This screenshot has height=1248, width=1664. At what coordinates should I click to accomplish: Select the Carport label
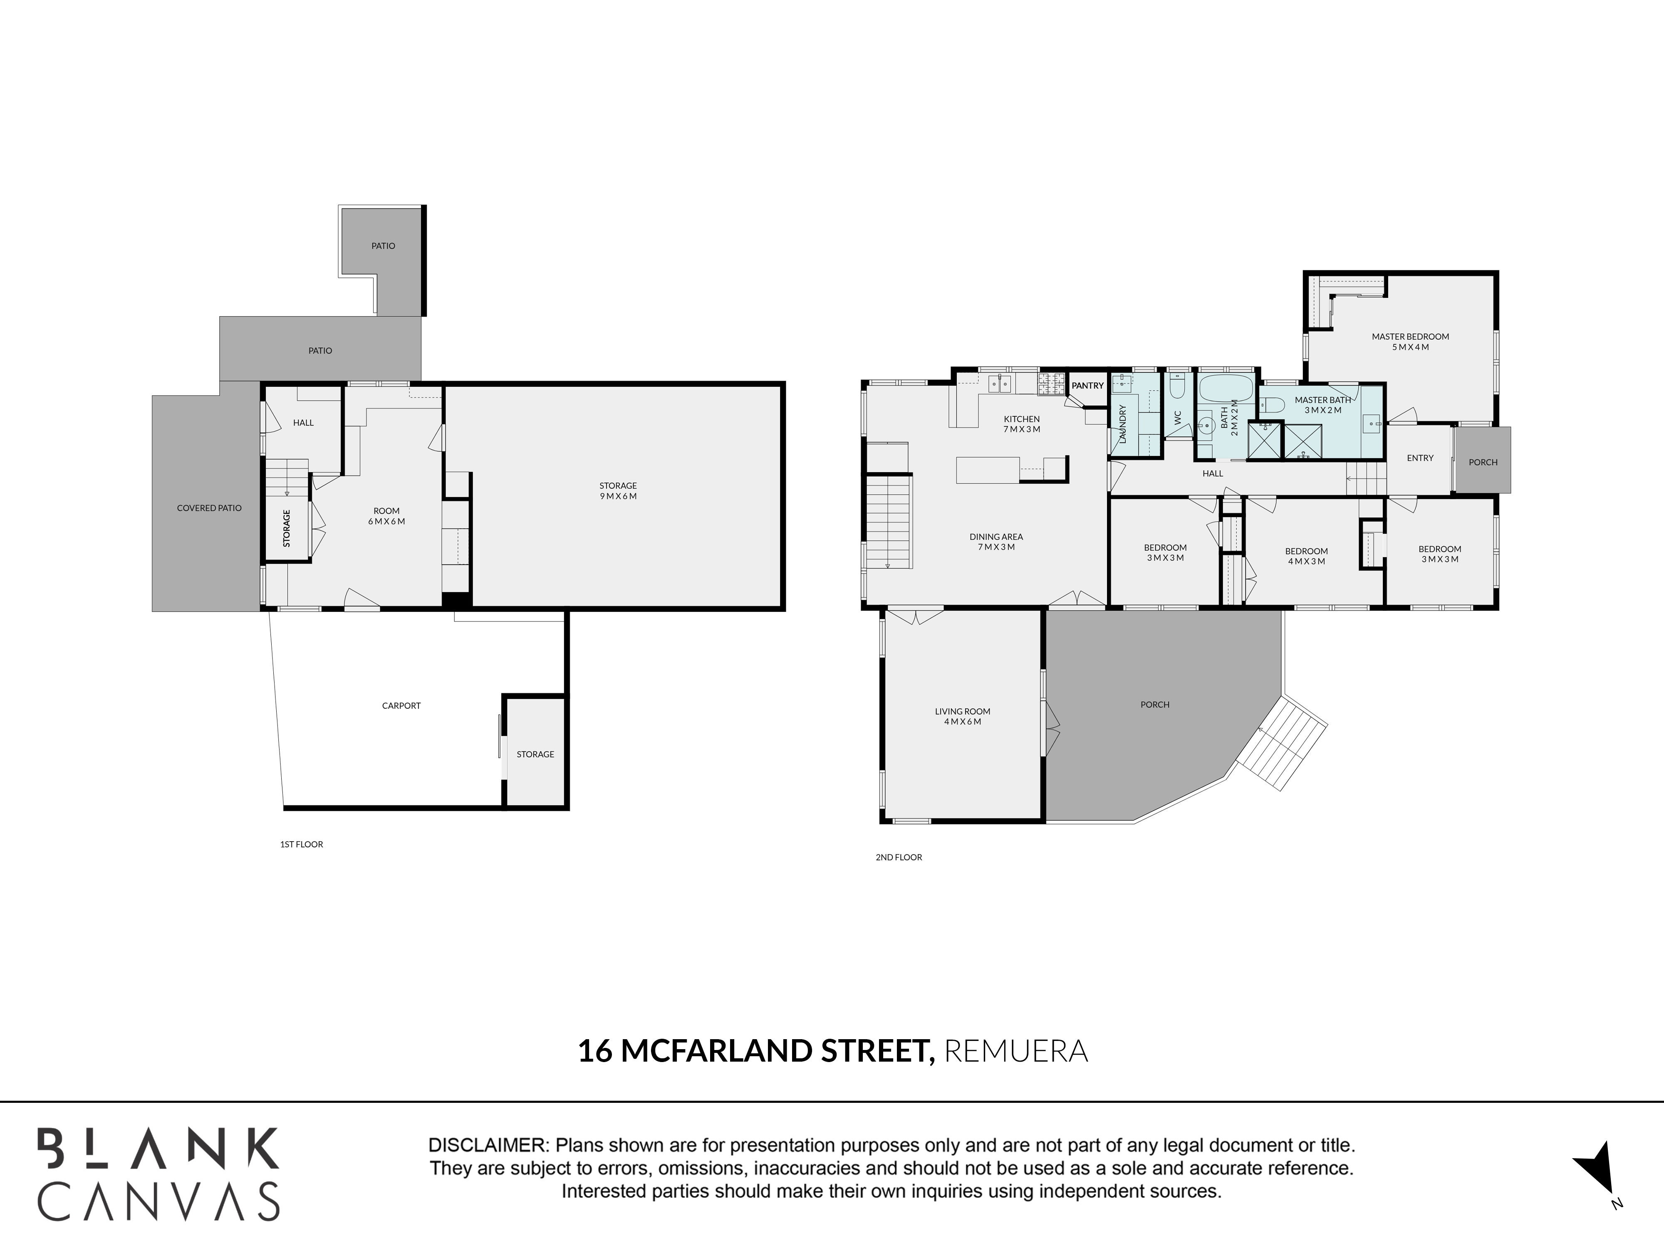click(x=401, y=706)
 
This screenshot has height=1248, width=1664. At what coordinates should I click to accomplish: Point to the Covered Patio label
click(x=209, y=508)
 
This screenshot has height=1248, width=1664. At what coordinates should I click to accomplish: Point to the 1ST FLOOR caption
click(x=302, y=844)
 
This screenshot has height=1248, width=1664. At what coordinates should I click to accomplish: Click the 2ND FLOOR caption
click(x=899, y=857)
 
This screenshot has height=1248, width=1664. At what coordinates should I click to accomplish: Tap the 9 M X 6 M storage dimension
click(x=618, y=496)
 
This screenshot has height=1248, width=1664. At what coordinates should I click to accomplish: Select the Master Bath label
click(x=1322, y=400)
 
